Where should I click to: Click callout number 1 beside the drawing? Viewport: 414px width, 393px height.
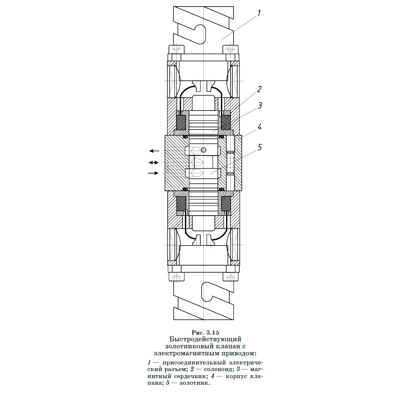259,13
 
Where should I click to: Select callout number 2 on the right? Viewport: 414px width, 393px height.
259,89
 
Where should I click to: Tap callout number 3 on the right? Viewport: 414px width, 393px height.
260,105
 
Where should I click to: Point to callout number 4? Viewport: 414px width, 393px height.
260,127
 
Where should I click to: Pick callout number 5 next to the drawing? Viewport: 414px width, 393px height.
260,147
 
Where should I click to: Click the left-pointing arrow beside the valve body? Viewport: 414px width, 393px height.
154,151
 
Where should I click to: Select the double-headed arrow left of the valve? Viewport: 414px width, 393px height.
154,163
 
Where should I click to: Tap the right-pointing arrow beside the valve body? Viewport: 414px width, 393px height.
154,173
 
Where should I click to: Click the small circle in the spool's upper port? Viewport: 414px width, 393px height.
203,150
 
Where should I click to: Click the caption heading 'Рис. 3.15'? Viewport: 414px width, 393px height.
205,332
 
